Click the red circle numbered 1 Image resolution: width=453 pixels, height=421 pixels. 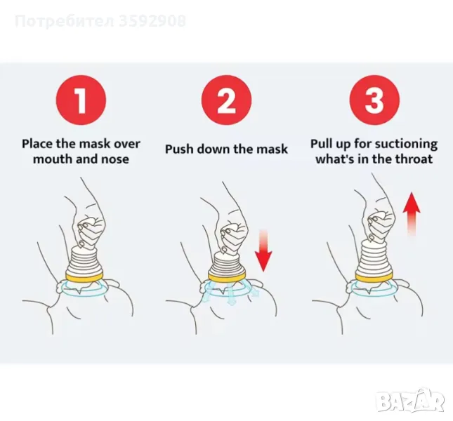pos(81,100)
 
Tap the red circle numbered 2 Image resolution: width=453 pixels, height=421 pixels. pos(226,100)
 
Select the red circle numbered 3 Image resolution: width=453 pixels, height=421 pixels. pos(375,100)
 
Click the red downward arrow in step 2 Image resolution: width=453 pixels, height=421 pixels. pos(263,250)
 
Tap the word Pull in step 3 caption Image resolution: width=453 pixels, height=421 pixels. pos(320,143)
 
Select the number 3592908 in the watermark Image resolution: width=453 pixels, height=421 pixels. pos(152,21)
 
